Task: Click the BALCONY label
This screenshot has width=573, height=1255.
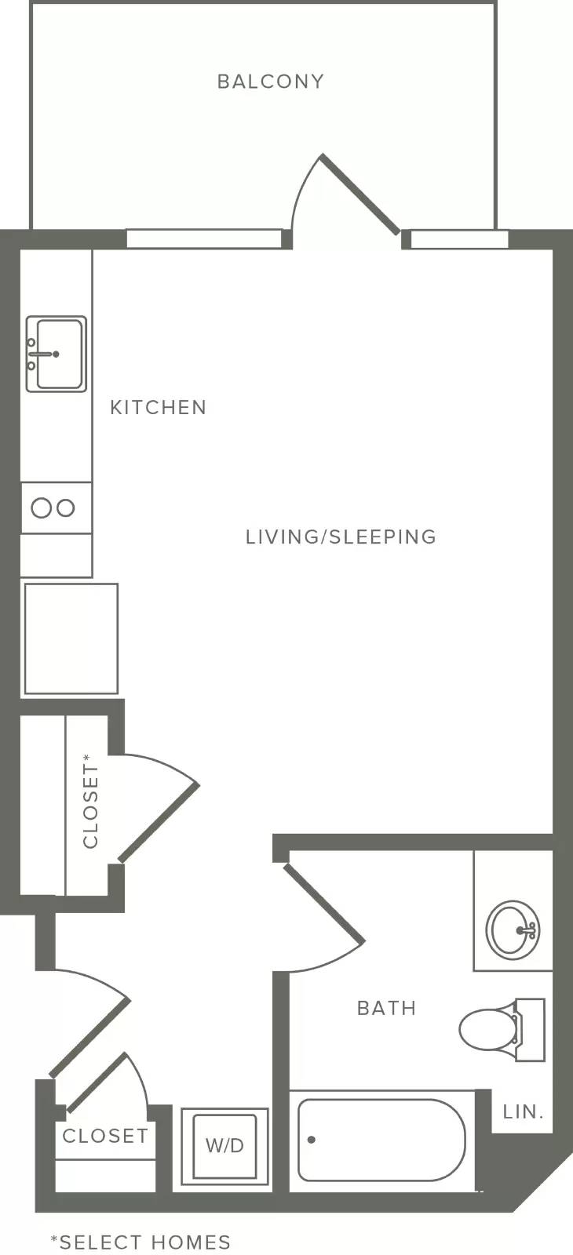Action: [x=271, y=82]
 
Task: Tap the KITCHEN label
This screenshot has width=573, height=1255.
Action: [x=158, y=407]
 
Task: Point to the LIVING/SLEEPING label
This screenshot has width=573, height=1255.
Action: [x=341, y=537]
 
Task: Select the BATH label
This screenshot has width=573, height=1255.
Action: [x=386, y=1008]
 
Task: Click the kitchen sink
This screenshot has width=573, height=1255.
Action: [x=56, y=354]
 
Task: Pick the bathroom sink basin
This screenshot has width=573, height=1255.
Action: [x=513, y=929]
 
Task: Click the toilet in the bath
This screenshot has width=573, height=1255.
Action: [x=502, y=1029]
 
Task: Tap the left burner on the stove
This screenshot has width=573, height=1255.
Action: [x=42, y=508]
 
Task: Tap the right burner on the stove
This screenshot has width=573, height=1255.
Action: [x=66, y=508]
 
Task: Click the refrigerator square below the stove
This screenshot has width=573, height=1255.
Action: [x=71, y=638]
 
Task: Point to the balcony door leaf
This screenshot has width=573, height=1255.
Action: [x=360, y=193]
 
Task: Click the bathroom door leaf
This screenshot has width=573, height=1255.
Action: [x=323, y=903]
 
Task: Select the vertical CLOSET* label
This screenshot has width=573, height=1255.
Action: [x=90, y=801]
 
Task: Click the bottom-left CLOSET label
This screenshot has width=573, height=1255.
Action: [x=105, y=1136]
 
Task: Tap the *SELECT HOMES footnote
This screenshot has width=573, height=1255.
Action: [x=141, y=1242]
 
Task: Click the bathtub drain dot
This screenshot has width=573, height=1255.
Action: [x=311, y=1140]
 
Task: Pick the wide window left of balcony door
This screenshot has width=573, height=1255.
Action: [x=204, y=238]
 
